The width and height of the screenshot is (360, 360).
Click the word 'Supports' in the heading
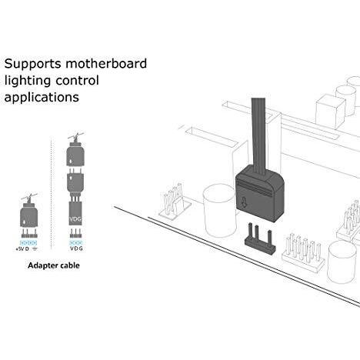[x=33, y=64]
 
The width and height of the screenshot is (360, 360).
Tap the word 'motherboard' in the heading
[x=106, y=63]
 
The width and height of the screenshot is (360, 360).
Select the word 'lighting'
[x=28, y=81]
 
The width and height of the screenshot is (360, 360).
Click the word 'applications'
[x=42, y=98]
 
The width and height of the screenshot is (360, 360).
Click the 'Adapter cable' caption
[x=54, y=265]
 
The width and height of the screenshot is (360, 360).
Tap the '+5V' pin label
[x=20, y=249]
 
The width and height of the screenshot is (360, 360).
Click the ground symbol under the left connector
[x=35, y=249]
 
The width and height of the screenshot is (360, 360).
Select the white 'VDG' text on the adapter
[x=75, y=219]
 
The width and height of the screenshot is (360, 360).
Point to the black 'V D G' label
[x=76, y=248]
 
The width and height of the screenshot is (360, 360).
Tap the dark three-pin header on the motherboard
[x=259, y=239]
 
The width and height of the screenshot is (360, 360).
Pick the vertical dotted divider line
[x=52, y=194]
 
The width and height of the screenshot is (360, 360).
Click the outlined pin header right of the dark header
[x=303, y=253]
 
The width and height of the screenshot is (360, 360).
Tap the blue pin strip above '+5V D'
[x=28, y=243]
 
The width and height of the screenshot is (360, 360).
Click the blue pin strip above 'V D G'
[x=76, y=242]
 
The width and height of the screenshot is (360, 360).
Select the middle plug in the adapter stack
[x=75, y=182]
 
